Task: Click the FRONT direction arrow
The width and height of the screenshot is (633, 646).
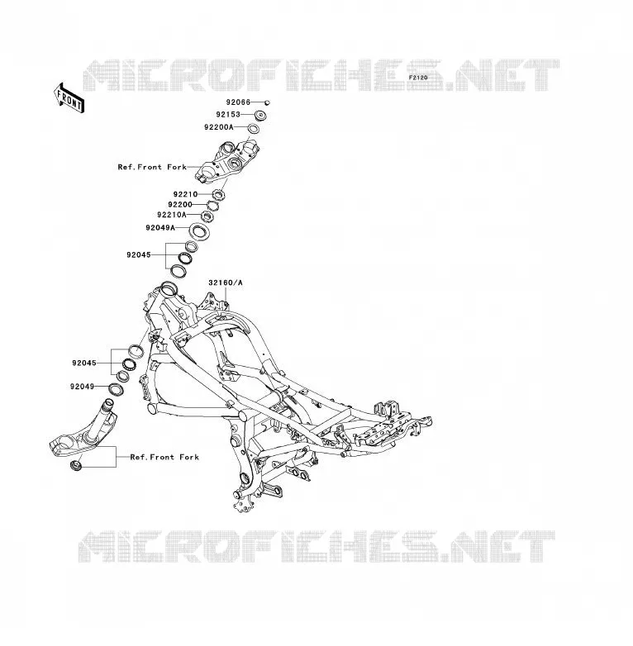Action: coord(69,97)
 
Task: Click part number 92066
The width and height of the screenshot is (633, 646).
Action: coord(238,102)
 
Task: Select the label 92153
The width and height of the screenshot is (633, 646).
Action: coord(228,115)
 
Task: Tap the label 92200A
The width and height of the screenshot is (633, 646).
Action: coord(219,127)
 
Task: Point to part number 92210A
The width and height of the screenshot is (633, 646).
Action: coord(172,215)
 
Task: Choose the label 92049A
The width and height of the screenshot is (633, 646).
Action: coord(160,227)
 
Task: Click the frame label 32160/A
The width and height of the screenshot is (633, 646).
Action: coord(226,283)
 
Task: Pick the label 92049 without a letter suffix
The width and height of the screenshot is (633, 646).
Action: coord(83,387)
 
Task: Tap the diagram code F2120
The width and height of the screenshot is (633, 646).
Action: coord(418,78)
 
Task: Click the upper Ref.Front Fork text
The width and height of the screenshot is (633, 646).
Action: coord(152,167)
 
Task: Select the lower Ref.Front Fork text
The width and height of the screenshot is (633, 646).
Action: coord(164,457)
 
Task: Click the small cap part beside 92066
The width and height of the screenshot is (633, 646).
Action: coord(267,102)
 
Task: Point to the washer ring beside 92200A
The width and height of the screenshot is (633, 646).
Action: coord(254,129)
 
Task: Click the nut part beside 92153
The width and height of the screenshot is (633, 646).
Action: coord(261,116)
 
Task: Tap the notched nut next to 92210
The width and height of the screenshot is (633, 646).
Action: coord(218,194)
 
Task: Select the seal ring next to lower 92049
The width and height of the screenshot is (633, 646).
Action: coord(116,389)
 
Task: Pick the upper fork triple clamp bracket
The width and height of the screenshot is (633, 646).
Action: coord(227,162)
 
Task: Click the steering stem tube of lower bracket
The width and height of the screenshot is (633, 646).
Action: coord(108,412)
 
